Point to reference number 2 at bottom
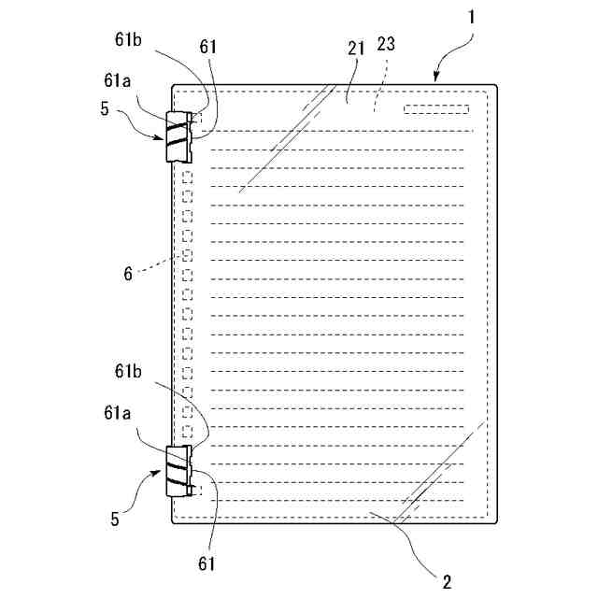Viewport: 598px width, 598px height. point(448,581)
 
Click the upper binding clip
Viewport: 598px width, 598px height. point(178,136)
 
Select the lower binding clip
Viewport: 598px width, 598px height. point(178,470)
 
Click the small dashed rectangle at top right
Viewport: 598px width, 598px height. point(435,110)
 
